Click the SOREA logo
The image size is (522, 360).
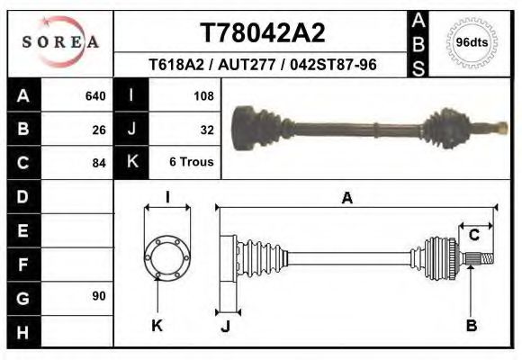tap(60, 41)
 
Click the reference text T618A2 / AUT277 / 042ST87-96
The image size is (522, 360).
tap(262, 65)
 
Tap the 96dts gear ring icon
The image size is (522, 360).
tap(472, 42)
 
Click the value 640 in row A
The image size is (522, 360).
tap(94, 95)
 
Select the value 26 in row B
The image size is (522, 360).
tap(99, 129)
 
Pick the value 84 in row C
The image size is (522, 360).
tap(99, 163)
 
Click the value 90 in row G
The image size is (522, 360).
tap(99, 295)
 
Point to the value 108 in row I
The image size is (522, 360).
tap(202, 95)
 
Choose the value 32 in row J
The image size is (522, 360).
tap(206, 129)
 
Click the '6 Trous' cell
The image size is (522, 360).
tap(192, 163)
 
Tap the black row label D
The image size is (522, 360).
tap(23, 196)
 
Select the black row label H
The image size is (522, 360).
tap(23, 331)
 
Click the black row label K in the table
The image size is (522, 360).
tap(131, 162)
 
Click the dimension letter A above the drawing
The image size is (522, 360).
tap(346, 199)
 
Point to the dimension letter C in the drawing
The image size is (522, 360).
tap(473, 235)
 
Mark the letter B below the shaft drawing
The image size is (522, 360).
tap(471, 325)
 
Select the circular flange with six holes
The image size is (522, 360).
tap(166, 256)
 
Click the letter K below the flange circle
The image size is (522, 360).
tap(157, 325)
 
